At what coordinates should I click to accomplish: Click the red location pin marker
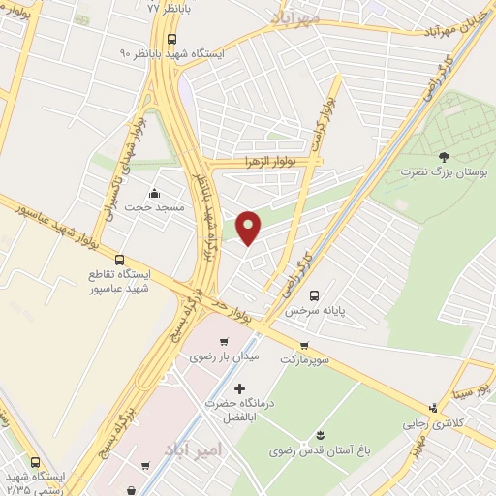[x=249, y=227]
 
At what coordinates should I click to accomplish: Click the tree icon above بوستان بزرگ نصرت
[x=444, y=156]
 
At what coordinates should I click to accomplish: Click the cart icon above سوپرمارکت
[x=305, y=345]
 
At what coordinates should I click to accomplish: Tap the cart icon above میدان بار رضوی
[x=225, y=342]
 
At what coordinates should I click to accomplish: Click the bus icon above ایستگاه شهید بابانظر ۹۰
[x=171, y=40]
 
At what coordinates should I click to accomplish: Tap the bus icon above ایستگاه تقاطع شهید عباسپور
[x=119, y=260]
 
